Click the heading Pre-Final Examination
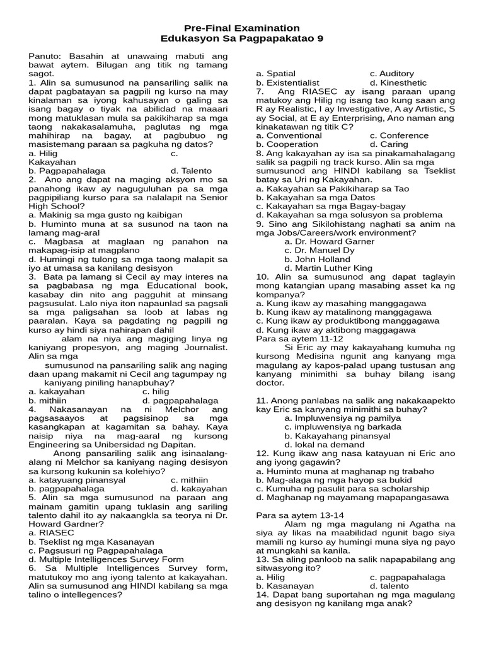[241, 28]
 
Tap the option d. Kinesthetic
[398, 83]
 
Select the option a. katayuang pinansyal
[77, 479]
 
